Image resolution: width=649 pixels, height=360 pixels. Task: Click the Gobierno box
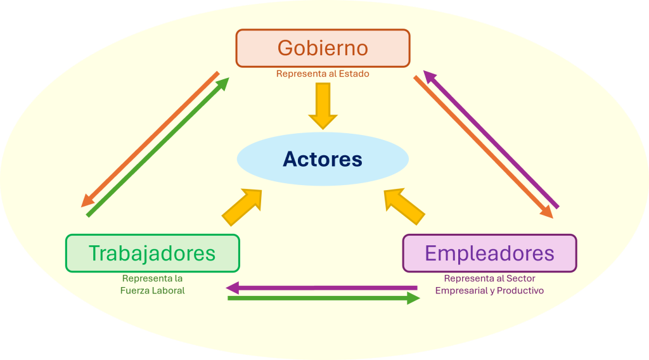323,48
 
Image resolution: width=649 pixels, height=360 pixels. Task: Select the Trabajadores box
152,254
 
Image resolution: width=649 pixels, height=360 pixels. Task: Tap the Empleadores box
489,254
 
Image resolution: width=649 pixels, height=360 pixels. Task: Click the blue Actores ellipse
323,159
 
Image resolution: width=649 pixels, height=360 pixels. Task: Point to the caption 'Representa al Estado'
323,74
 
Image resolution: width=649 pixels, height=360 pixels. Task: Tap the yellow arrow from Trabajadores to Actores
242,207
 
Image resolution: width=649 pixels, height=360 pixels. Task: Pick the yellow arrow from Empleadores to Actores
404,207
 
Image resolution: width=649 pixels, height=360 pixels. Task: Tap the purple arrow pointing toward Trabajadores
322,287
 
